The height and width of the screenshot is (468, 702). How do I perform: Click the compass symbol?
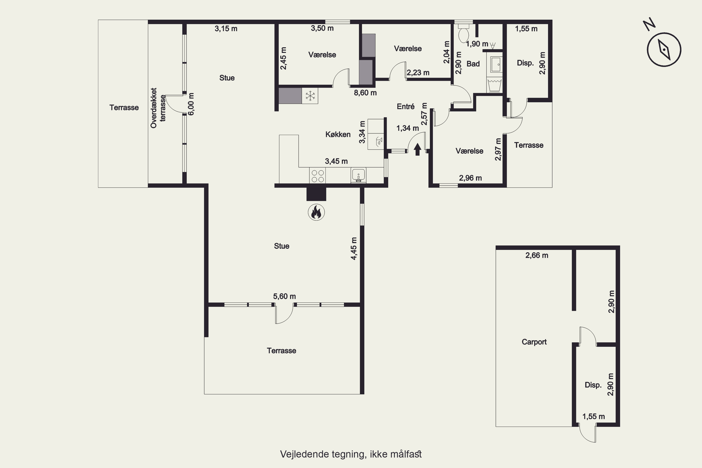tap(664, 50)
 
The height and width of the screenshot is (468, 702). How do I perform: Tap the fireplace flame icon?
tap(316, 212)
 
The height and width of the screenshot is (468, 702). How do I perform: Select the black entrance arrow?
tap(417, 150)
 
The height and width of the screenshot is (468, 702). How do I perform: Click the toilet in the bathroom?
tap(464, 33)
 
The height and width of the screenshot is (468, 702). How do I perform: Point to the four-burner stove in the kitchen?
tap(317, 175)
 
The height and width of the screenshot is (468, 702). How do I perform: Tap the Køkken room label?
tap(338, 135)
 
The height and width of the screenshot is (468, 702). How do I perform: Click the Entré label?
tap(406, 106)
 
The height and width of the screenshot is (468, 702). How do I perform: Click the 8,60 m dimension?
tap(365, 93)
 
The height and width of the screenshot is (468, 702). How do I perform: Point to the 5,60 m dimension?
tap(285, 296)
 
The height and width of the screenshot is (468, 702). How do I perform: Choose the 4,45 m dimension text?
tap(354, 249)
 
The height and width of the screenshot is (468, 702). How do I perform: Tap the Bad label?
tap(473, 64)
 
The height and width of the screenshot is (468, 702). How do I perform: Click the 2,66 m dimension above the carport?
tap(537, 256)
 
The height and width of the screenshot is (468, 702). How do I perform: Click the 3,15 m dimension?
tap(226, 29)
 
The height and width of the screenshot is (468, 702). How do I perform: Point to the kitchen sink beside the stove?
tap(358, 175)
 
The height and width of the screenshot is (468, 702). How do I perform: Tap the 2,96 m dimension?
tap(470, 178)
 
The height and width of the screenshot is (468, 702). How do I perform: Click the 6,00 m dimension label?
tap(191, 104)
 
